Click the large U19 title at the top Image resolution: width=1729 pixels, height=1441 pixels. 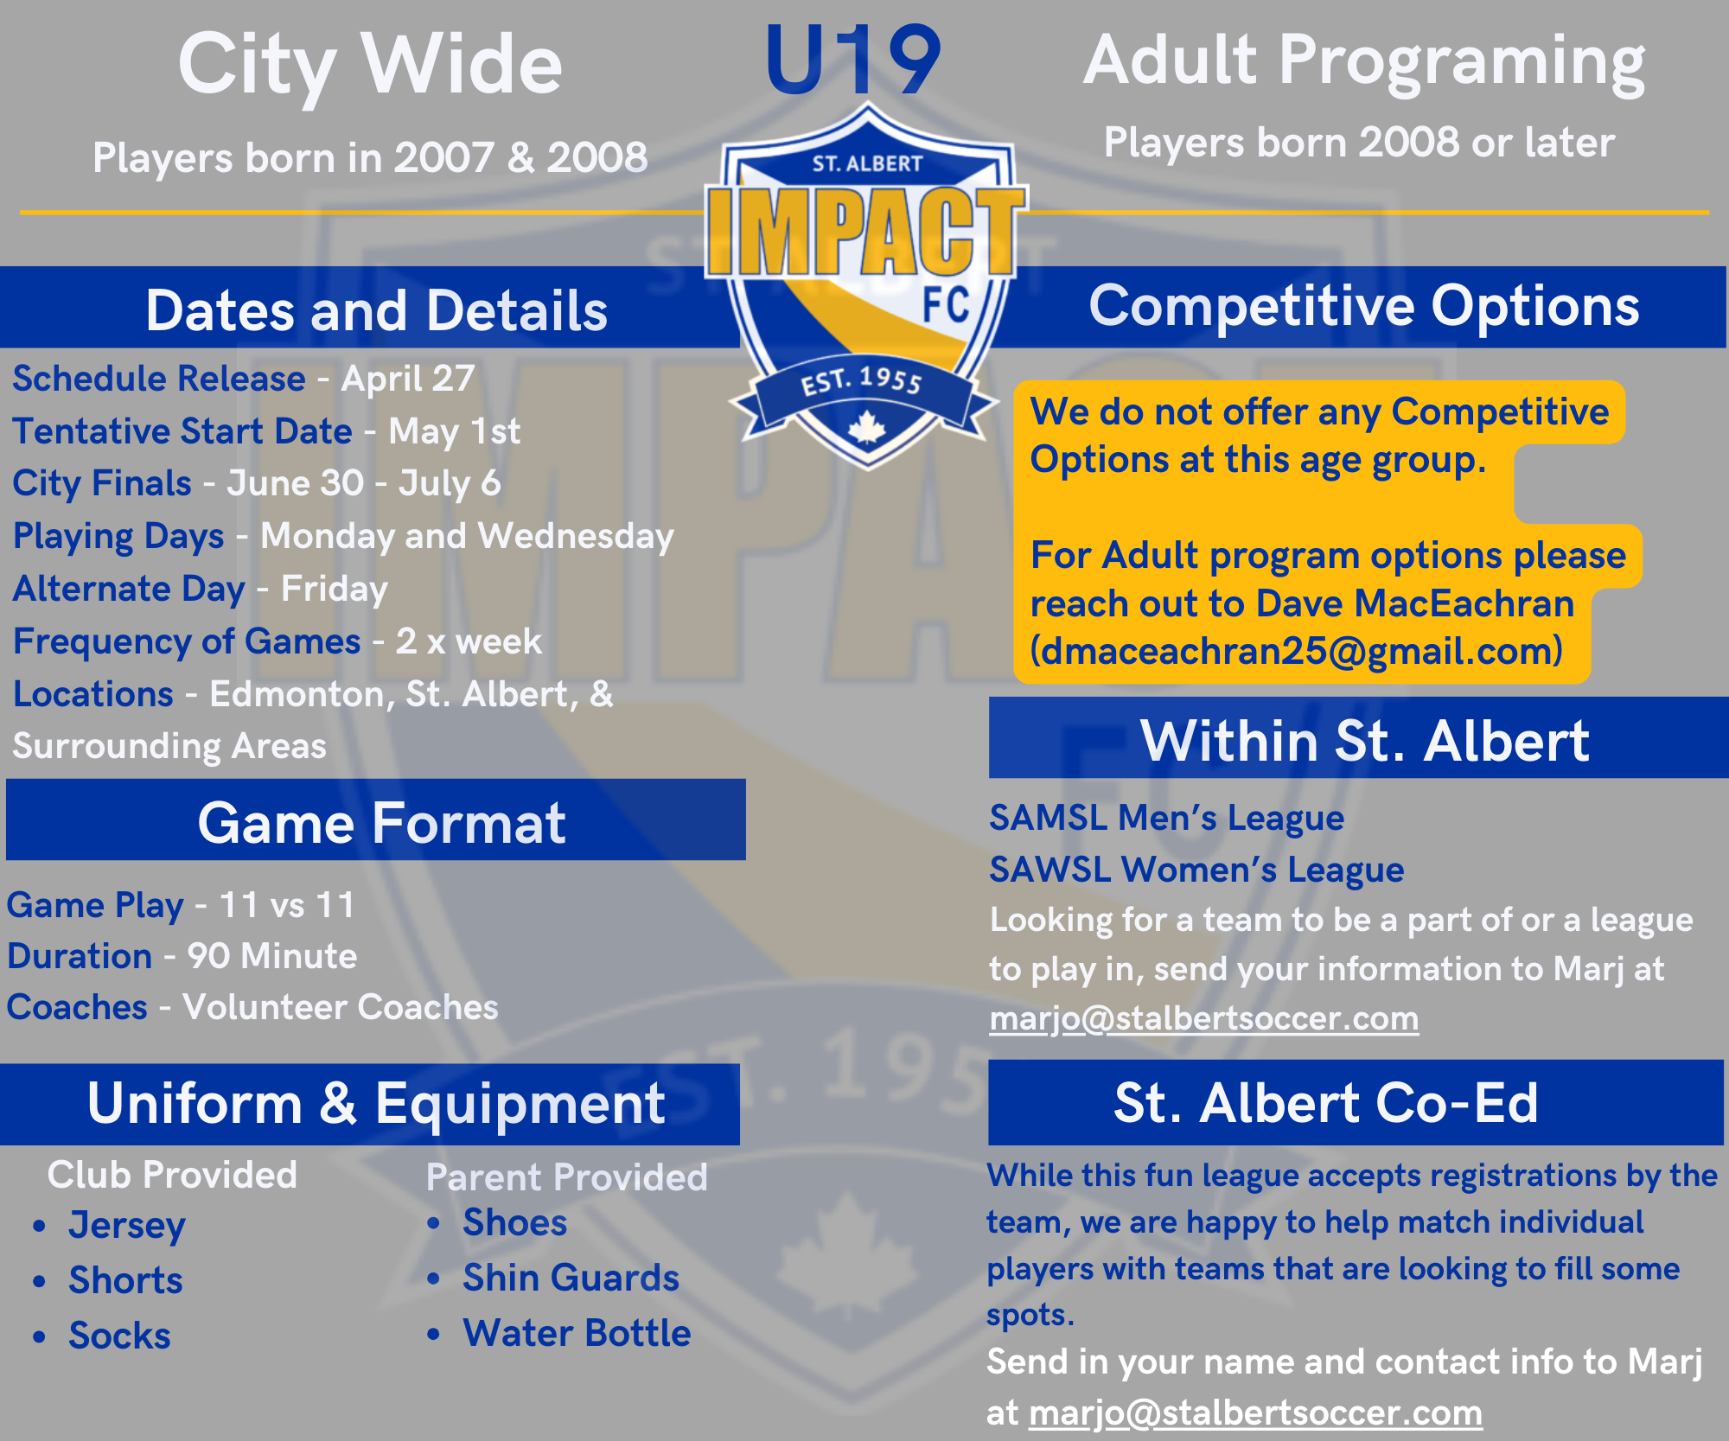pos(852,61)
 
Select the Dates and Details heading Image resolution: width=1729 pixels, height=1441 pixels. pos(377,310)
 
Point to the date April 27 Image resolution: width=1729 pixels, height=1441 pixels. pos(408,379)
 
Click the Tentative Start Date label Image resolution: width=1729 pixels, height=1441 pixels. pos(182,430)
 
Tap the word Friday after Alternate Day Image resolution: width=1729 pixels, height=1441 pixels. pos(335,589)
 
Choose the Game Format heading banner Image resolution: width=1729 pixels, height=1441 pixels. pos(376,819)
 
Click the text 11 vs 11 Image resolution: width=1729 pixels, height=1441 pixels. pos(287,905)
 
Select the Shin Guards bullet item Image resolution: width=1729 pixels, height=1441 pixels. pos(571,1278)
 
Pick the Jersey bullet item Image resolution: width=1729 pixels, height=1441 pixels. pos(127,1226)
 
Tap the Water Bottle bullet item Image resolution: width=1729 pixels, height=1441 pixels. pos(577,1333)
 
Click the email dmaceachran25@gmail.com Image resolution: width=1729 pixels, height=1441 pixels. pos(1297,651)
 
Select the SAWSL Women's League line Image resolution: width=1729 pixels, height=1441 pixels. pos(1196,870)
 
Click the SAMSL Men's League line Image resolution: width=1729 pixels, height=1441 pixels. pos(1166,818)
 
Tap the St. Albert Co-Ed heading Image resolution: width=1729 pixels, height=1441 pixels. pos(1326,1102)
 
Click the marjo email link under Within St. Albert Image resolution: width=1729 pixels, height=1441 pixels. pos(1204,1018)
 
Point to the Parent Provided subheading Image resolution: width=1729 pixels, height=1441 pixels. pos(567,1177)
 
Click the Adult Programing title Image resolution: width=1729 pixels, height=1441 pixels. pos(1364,62)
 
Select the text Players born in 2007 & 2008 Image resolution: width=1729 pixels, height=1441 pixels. pos(370,157)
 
